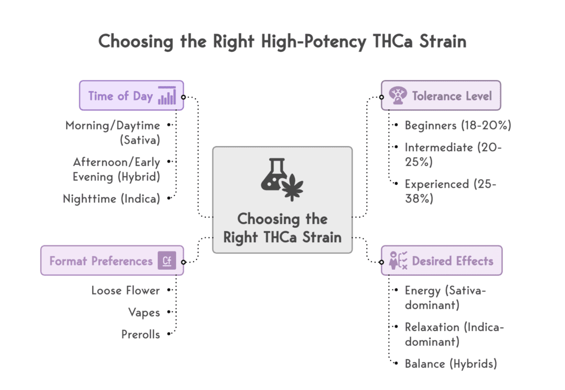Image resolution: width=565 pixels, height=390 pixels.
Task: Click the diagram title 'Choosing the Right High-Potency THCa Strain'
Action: pyautogui.click(x=282, y=42)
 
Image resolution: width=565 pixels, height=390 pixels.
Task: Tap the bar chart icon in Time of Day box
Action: pyautogui.click(x=167, y=95)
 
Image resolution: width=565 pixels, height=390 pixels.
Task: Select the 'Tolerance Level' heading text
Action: pyautogui.click(x=452, y=96)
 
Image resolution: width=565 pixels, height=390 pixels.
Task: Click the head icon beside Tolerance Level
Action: pyautogui.click(x=397, y=96)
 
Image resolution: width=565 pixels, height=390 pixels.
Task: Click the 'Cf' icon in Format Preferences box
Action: pyautogui.click(x=167, y=260)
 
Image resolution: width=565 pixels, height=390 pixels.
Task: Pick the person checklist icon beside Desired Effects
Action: pyautogui.click(x=398, y=260)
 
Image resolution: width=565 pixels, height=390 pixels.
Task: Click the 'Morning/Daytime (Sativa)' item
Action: pyautogui.click(x=113, y=132)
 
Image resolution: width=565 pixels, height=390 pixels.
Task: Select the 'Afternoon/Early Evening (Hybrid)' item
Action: pyautogui.click(x=116, y=169)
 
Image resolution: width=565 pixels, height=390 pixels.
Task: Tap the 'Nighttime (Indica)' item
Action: pyautogui.click(x=111, y=199)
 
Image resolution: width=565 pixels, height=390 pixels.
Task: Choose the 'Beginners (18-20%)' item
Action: pyautogui.click(x=458, y=125)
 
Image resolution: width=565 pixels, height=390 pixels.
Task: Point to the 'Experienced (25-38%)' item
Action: pyautogui.click(x=450, y=191)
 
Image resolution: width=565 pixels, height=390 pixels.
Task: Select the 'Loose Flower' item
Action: pyautogui.click(x=126, y=290)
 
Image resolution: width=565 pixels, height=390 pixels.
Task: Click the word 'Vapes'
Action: pyautogui.click(x=144, y=312)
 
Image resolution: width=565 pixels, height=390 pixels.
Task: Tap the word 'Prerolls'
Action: pyautogui.click(x=141, y=334)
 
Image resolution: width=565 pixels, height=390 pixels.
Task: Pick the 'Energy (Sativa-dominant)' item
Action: pyautogui.click(x=445, y=297)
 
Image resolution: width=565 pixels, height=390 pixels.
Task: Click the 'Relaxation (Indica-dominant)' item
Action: pyautogui.click(x=454, y=334)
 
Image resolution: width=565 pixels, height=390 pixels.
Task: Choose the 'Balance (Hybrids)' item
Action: pyautogui.click(x=451, y=364)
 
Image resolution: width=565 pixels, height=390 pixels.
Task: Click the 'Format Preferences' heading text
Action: pyautogui.click(x=101, y=261)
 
